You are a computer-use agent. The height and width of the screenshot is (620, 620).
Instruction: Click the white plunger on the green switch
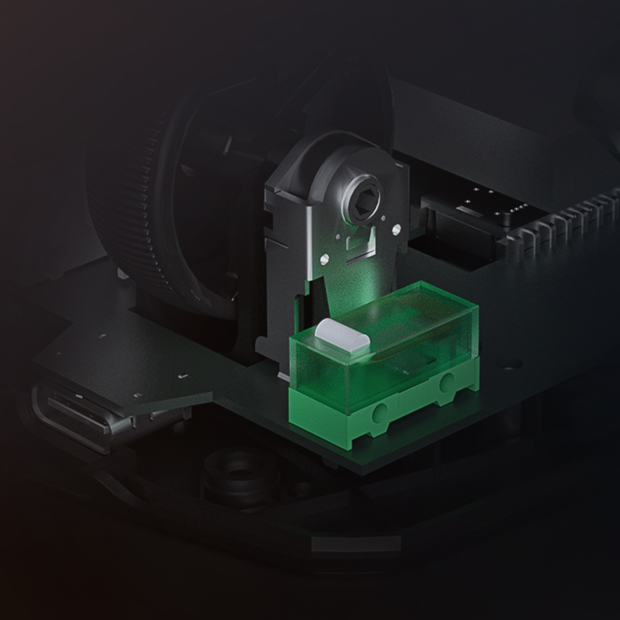343,335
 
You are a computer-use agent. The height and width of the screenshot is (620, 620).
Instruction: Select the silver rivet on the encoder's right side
396,230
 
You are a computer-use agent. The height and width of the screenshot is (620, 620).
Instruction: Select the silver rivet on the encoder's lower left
324,256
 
